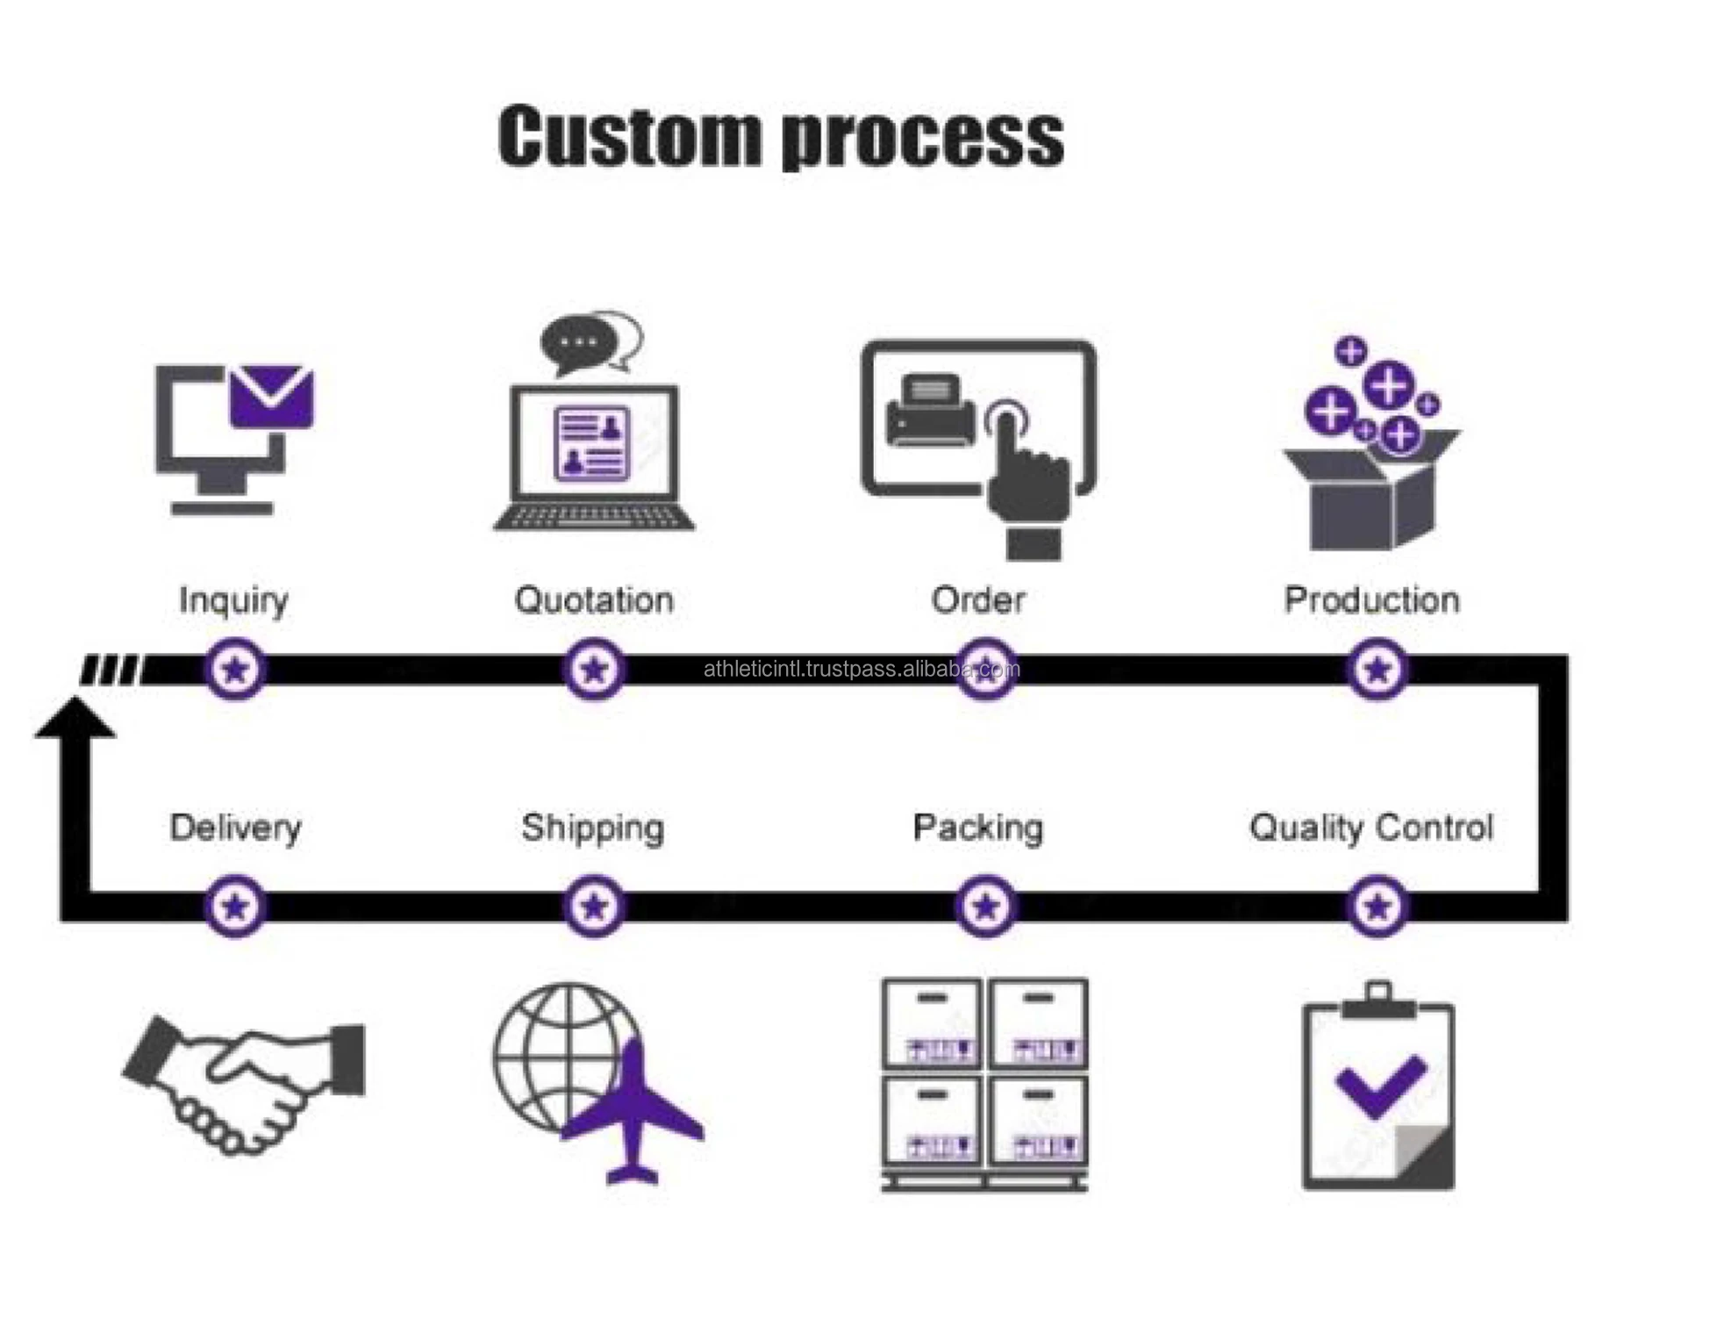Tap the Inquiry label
(x=233, y=601)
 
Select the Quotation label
(x=594, y=600)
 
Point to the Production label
(x=1371, y=600)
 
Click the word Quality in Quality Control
(x=1306, y=828)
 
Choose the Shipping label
(x=592, y=828)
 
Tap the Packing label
(x=977, y=828)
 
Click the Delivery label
(x=235, y=828)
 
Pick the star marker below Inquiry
(x=235, y=670)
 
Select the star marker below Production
(x=1377, y=670)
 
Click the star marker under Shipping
(x=594, y=906)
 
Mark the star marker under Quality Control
(x=1377, y=906)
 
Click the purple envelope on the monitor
(x=271, y=397)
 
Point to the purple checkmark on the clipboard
(x=1380, y=1085)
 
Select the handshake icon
(x=244, y=1083)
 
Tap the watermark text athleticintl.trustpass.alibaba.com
(x=862, y=670)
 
